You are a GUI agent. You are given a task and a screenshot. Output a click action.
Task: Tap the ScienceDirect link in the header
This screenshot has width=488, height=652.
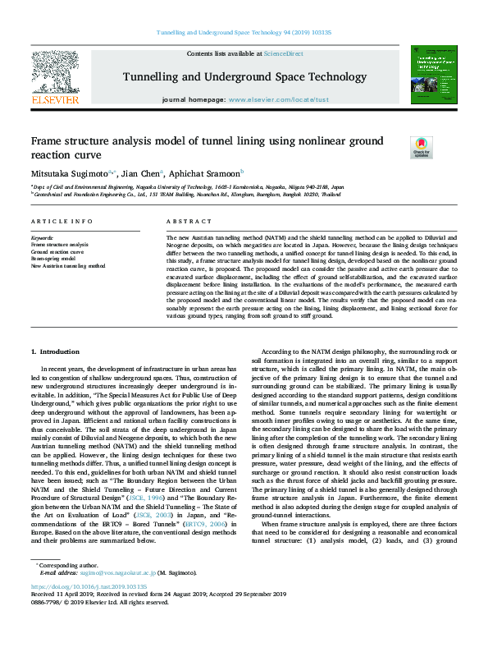click(283, 53)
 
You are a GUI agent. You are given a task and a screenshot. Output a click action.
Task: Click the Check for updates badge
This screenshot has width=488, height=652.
click(422, 147)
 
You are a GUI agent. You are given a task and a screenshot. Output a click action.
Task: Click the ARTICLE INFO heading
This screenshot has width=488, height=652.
click(62, 223)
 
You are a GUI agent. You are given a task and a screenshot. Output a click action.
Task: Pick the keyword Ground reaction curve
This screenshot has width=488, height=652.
click(57, 252)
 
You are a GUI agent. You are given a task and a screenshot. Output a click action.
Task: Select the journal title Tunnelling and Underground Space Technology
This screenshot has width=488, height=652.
click(244, 77)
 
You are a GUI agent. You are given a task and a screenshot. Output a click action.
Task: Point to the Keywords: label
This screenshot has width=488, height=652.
click(42, 238)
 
